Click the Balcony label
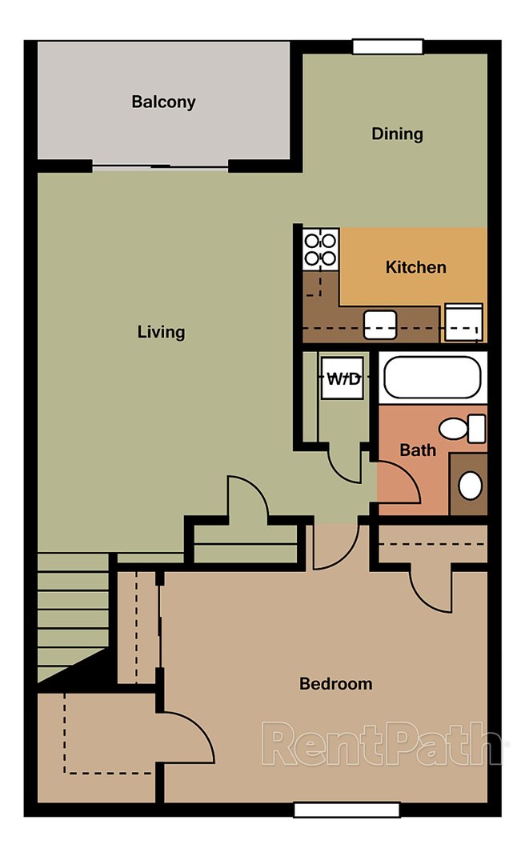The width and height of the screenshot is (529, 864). point(163,102)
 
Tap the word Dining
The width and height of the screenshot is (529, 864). point(397,134)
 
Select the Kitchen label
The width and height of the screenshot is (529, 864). point(415,266)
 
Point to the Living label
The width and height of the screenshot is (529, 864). point(161,331)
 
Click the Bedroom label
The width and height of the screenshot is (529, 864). point(335,684)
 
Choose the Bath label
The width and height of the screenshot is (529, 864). point(418,450)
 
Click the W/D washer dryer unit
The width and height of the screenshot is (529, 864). point(343,378)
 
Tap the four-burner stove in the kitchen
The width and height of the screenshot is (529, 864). point(321,247)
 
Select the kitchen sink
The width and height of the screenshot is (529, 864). point(380,324)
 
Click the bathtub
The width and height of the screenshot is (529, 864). point(432,378)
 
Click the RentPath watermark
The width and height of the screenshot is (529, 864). point(384,744)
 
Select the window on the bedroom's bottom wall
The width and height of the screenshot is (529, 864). point(346,810)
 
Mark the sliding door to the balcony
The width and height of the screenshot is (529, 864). point(160,166)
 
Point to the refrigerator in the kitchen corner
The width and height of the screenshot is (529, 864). point(463,322)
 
